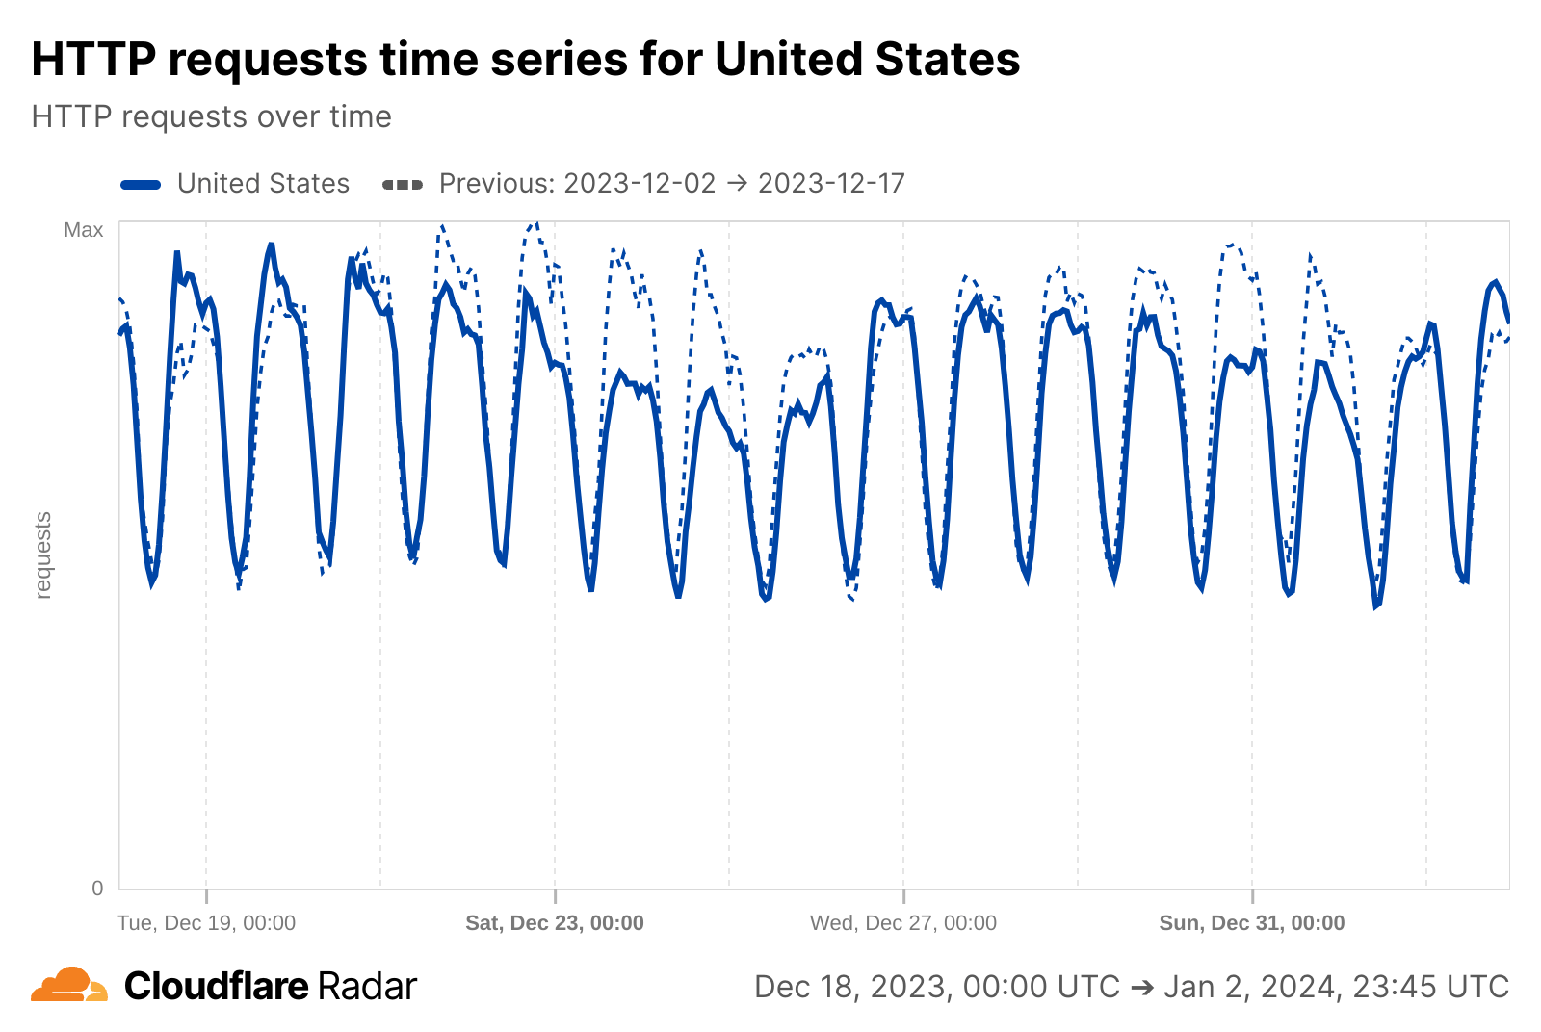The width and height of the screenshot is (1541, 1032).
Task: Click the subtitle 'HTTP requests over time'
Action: coord(211,116)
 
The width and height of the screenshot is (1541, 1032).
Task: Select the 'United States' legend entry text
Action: coord(263,184)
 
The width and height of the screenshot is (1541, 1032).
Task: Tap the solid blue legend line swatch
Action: coord(141,185)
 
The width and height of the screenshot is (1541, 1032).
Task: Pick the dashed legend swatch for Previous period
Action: coord(403,185)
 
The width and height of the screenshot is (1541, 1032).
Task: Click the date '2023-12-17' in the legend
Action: coord(831,184)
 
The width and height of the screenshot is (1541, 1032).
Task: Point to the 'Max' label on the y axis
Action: coord(84,230)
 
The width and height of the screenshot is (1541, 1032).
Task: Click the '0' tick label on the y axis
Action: coord(97,889)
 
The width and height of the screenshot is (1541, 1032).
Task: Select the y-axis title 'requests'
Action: coord(43,555)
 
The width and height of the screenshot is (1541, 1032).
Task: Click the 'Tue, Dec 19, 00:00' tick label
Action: coord(206,923)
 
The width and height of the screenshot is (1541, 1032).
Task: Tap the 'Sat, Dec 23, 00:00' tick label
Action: coord(555,923)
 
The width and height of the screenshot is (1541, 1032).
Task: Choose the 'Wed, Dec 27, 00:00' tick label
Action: coord(903,923)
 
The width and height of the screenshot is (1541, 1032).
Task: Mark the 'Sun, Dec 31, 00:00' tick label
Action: coord(1252,923)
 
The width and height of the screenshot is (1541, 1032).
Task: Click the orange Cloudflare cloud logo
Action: coord(69,986)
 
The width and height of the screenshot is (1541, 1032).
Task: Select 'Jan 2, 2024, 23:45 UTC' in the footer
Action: coord(1337,987)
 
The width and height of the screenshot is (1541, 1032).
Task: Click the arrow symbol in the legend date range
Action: coord(737,184)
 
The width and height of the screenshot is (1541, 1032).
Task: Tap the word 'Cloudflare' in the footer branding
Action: coord(217,987)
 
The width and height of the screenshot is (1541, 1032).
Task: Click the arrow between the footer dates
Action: coord(1142,988)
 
